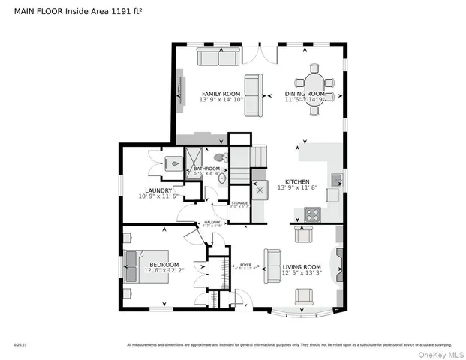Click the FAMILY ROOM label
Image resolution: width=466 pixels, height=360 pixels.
(221, 93)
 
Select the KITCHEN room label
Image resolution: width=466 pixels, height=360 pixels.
(298, 181)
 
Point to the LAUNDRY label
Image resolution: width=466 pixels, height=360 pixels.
(160, 190)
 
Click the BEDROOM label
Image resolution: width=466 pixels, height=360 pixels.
(164, 264)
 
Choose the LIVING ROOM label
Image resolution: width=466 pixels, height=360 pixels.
(302, 266)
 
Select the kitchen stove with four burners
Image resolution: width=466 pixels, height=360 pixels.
(312, 214)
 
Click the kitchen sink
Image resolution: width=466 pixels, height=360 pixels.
(336, 180)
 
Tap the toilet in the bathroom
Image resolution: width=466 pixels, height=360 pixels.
(221, 158)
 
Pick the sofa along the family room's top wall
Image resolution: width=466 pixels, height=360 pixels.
(218, 57)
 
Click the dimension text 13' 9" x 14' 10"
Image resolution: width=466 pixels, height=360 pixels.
(221, 100)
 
